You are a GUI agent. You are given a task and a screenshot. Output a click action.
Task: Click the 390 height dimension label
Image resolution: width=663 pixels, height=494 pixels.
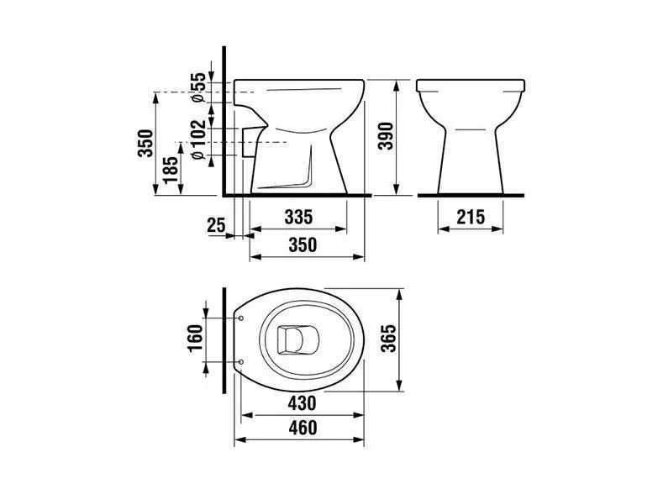386,135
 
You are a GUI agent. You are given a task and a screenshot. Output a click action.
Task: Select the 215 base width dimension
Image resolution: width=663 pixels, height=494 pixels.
471,217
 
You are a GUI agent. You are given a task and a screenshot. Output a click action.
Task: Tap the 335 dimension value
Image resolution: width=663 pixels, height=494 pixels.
298,217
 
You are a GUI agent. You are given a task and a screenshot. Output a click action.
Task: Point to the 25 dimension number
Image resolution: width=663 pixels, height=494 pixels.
216,225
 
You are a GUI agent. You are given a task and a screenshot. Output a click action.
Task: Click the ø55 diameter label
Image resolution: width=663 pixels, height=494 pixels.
197,87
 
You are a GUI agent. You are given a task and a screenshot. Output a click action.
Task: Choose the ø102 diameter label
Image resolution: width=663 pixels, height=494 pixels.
197,139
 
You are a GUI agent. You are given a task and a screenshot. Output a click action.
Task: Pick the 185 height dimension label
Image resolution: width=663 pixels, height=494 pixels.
171,170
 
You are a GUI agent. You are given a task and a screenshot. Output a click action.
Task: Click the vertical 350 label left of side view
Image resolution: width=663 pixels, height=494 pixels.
145,144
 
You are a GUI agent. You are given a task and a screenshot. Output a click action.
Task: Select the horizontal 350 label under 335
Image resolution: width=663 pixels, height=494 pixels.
303,244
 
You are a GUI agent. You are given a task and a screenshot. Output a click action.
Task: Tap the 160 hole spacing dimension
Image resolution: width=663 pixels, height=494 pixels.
195,338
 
